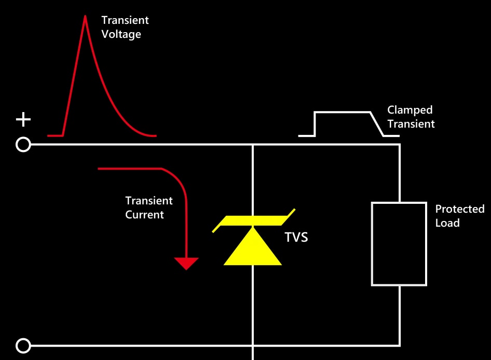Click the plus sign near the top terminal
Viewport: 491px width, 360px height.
(23, 120)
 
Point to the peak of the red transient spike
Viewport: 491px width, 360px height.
(85, 16)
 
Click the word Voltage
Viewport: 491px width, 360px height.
(121, 34)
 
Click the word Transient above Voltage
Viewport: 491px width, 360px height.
(125, 20)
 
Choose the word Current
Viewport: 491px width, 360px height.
(144, 215)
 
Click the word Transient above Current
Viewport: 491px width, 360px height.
(149, 201)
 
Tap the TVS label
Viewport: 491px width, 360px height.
(296, 237)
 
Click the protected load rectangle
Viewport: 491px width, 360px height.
(372, 244)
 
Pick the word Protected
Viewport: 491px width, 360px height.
(460, 209)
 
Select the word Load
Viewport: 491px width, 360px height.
(447, 223)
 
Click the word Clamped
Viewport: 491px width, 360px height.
(410, 110)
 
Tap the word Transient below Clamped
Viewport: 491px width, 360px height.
(411, 124)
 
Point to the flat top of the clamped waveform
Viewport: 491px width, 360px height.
(342, 112)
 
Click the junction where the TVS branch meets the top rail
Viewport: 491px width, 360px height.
(253, 145)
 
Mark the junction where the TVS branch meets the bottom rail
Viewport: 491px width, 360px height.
(253, 346)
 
